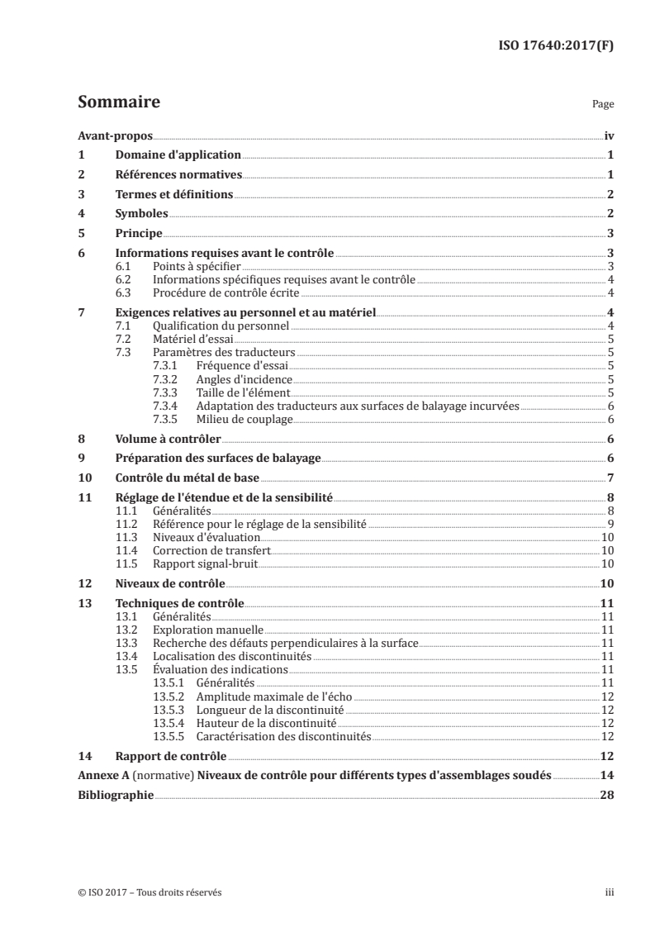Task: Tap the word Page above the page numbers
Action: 603,106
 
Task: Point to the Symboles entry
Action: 142,214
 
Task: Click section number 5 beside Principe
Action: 81,234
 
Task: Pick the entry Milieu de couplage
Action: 244,420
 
